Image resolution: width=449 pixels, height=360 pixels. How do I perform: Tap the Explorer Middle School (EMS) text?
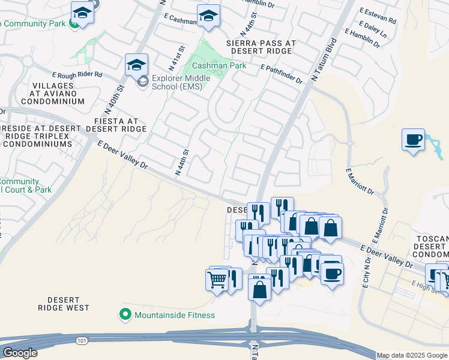(181, 82)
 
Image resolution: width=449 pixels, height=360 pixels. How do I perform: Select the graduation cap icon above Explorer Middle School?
(136, 64)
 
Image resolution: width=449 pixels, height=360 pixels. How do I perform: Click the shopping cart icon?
(217, 279)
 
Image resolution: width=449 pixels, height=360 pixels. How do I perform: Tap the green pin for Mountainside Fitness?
(125, 314)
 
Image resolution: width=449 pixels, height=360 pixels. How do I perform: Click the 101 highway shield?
(80, 341)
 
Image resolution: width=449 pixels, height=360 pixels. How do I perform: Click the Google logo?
(20, 353)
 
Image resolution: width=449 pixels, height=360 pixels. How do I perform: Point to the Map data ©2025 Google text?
(412, 355)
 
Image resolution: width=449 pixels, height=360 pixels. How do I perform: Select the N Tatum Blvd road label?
(324, 61)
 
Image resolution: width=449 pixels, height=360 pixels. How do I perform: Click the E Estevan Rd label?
(378, 16)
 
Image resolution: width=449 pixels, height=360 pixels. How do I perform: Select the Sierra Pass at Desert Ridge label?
(261, 47)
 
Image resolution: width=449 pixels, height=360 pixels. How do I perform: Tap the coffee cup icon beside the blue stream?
(413, 140)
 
